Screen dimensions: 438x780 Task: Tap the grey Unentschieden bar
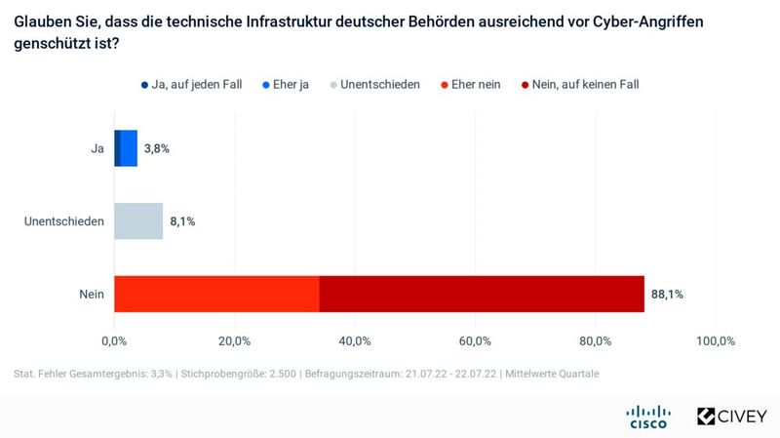138,221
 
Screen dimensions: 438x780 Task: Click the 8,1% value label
182,221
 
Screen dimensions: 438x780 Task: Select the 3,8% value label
157,148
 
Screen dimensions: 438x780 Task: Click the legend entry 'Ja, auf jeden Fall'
191,85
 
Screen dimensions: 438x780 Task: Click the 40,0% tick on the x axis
355,340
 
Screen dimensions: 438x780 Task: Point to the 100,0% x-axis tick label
715,340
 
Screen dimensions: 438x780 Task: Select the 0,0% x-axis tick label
114,340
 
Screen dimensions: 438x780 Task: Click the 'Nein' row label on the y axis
92,294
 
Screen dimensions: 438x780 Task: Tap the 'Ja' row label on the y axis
97,148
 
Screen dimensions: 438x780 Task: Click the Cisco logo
648,417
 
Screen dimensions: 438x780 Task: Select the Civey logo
731,417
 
